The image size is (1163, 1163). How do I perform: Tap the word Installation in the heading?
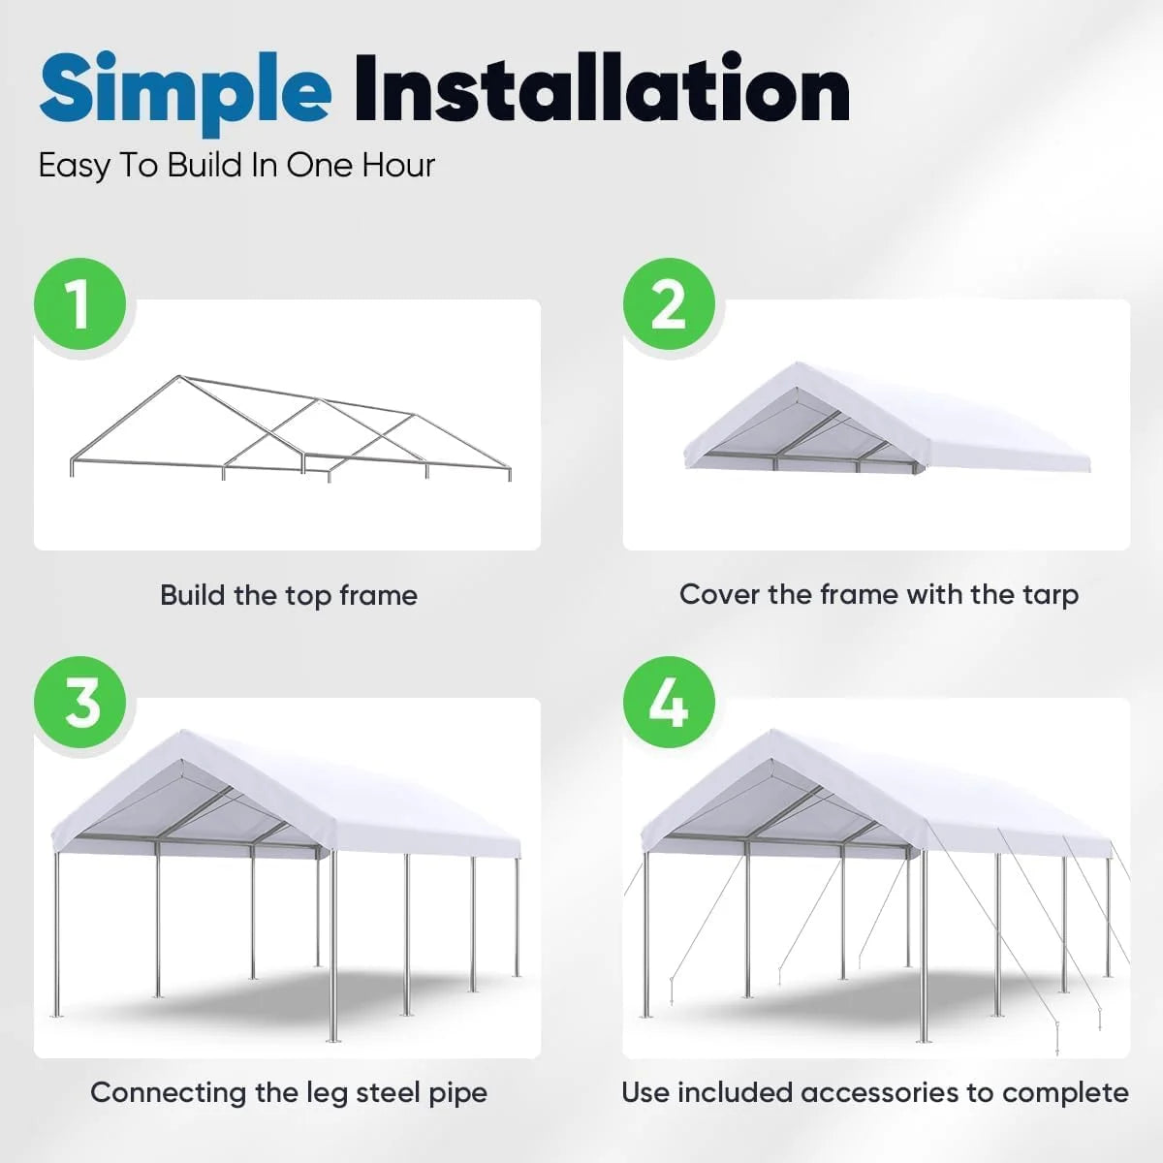(601, 89)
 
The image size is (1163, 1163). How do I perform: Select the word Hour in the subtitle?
(398, 166)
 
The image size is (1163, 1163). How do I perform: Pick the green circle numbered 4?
(669, 703)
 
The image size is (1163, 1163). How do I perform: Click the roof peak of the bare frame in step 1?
(178, 377)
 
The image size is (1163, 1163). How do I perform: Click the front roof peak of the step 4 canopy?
(771, 733)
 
